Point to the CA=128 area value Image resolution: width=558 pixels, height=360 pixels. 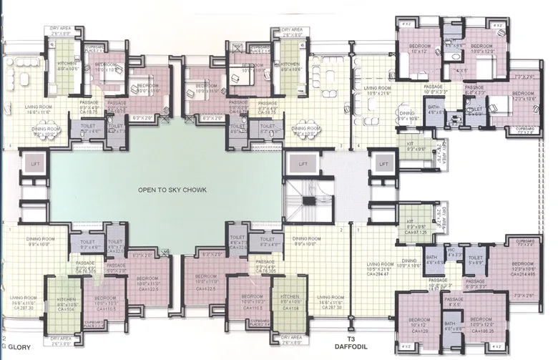coord(417,332)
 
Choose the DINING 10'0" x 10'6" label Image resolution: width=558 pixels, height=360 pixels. coord(411,263)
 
